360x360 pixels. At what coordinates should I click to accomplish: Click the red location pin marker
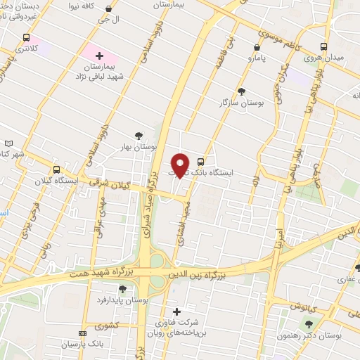pos(181,164)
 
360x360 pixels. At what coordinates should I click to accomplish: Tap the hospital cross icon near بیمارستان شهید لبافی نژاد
pos(99,55)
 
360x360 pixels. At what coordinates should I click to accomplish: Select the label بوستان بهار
pos(137,147)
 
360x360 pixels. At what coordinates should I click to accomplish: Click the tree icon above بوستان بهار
pos(139,136)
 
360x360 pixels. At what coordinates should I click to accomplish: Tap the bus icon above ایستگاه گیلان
pos(56,169)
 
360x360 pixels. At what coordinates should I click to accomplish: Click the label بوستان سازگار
pos(241,103)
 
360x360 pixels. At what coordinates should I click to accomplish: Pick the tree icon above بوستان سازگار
pos(241,91)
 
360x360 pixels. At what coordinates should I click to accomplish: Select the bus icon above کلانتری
pos(27,38)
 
